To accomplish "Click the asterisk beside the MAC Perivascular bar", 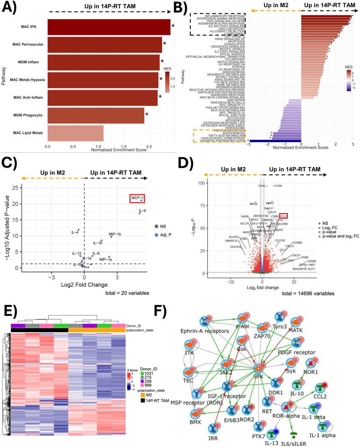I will point(165,44).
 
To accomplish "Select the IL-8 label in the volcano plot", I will point(142,210).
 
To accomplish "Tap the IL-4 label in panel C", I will point(75,233).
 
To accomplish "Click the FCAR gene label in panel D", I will point(277,186).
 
